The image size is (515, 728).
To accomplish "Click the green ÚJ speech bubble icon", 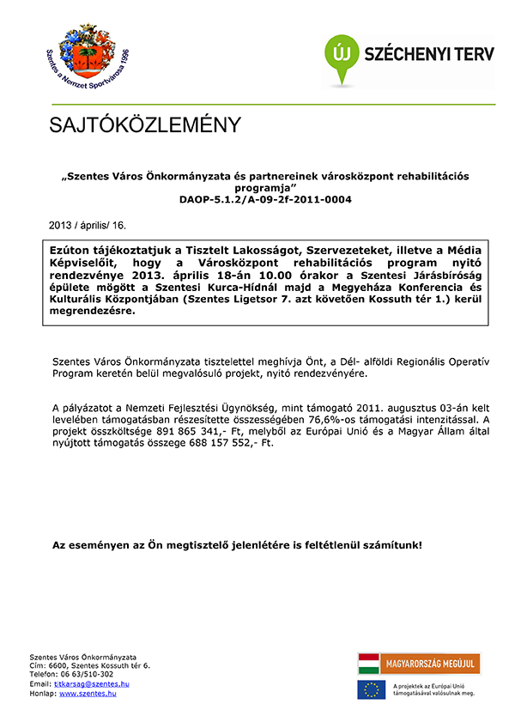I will pos(339,52).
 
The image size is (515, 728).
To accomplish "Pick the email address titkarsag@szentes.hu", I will pos(92,683).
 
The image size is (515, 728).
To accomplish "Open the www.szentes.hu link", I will pos(88,693).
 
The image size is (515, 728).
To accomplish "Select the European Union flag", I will pos(372,689).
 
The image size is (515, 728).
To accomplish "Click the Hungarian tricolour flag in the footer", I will pos(369,664).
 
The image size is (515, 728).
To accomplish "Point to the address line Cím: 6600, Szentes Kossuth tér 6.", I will pos(90,665).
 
